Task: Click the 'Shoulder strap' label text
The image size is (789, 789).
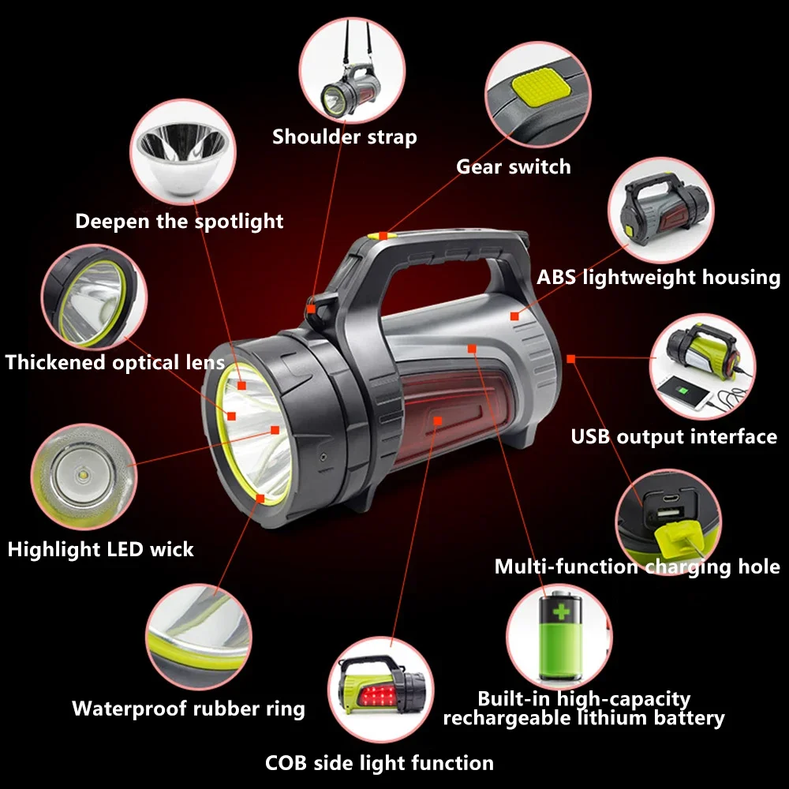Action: pos(344,136)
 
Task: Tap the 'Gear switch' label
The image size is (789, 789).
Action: pos(513,166)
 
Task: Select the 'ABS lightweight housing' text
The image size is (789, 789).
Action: pos(658,277)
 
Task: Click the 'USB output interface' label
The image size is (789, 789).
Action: pos(674,436)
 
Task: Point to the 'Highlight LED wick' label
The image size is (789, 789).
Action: pos(100,549)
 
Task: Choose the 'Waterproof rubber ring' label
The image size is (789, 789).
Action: pos(188,708)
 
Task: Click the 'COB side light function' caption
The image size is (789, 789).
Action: pos(379,763)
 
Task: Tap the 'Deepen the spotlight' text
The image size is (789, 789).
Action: pos(179,221)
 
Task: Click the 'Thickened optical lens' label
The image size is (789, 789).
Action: pos(114,362)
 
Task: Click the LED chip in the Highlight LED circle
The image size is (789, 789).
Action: pos(82,474)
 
